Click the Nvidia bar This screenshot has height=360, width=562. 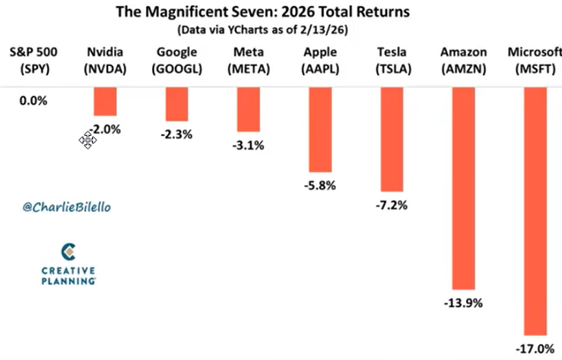coord(105,102)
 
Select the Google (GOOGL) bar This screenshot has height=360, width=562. coord(176,104)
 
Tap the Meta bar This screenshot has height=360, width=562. coord(249,109)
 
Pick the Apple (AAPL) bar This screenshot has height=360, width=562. coord(320,129)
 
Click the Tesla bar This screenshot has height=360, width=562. coord(392,139)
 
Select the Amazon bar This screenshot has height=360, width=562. coord(463,187)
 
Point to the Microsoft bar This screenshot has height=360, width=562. coord(535,211)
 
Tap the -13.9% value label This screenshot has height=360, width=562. coord(463,302)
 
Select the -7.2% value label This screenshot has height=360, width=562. coord(391,205)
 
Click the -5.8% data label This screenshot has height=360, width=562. coord(320,186)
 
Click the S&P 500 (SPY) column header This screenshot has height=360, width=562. coord(33,61)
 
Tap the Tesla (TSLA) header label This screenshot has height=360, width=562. coord(392,61)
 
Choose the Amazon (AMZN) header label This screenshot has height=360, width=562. coord(463,61)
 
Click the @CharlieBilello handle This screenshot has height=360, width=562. coord(67,208)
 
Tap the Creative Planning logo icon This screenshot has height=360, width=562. coord(69,252)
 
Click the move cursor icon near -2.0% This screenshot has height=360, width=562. coord(88,141)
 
